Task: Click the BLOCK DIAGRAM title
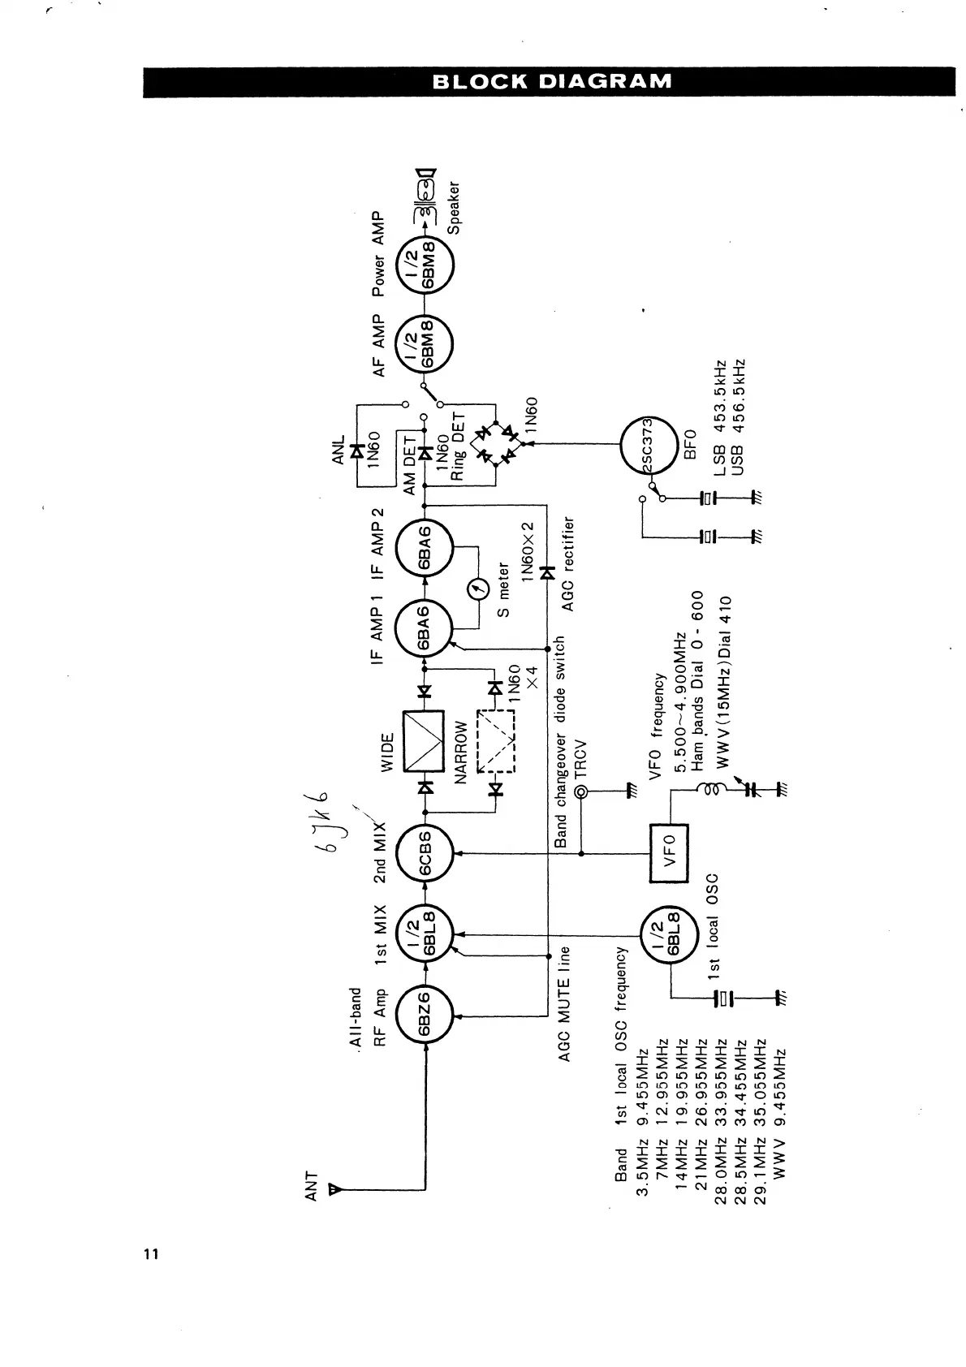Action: [552, 81]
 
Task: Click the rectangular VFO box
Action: [670, 853]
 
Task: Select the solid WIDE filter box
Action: [424, 740]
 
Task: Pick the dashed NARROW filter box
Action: [496, 740]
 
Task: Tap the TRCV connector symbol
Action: [581, 792]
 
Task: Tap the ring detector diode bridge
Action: [496, 444]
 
